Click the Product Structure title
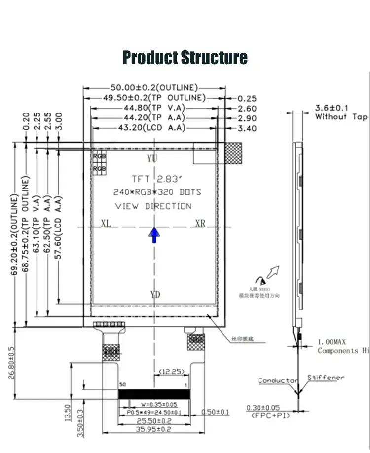point(185,57)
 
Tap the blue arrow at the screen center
point(155,235)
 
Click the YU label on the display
point(152,158)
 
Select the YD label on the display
point(155,295)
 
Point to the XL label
point(106,223)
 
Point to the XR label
point(199,223)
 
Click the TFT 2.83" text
point(152,178)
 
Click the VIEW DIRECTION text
point(153,206)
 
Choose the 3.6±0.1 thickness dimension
point(332,108)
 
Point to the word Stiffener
point(326,377)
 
